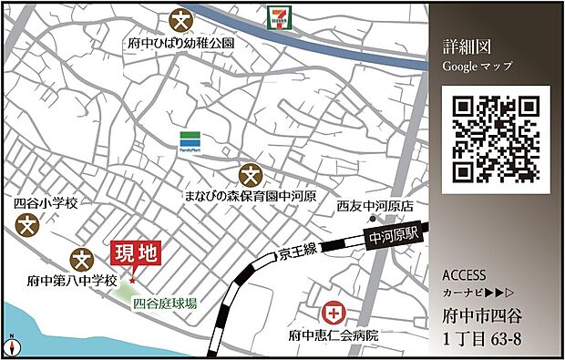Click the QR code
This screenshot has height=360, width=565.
(x=498, y=138)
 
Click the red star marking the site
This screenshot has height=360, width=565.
(x=133, y=280)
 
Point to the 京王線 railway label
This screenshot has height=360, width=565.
(x=297, y=250)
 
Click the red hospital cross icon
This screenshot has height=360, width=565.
(x=336, y=314)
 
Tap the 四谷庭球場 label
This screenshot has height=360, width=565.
(x=165, y=305)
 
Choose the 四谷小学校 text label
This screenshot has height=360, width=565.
(x=42, y=203)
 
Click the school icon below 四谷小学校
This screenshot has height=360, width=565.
(x=30, y=224)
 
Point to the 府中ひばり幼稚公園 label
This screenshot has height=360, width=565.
(x=181, y=42)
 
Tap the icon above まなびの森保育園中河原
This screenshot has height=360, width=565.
(x=249, y=175)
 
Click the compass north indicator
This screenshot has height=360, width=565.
(x=12, y=346)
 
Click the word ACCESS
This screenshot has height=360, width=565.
(x=464, y=275)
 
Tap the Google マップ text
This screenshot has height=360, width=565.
(x=478, y=67)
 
